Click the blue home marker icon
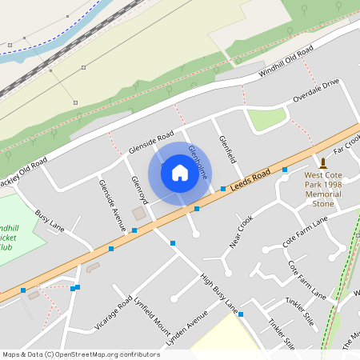(180, 173)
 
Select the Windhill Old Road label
(286, 64)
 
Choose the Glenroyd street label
(136, 190)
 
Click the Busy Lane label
(50, 221)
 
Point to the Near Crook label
(241, 231)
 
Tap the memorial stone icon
(323, 162)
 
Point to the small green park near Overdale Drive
(266, 118)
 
